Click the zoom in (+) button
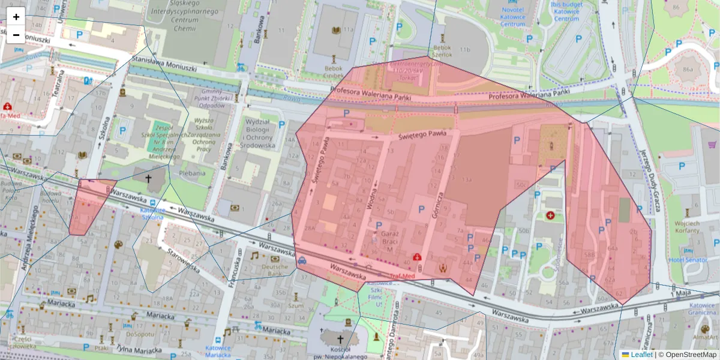coord(16,17)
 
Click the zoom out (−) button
coord(16,34)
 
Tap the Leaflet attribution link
coord(641,355)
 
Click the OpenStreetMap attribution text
coord(690,355)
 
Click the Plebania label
coord(192,173)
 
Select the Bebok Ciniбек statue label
coord(333,71)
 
